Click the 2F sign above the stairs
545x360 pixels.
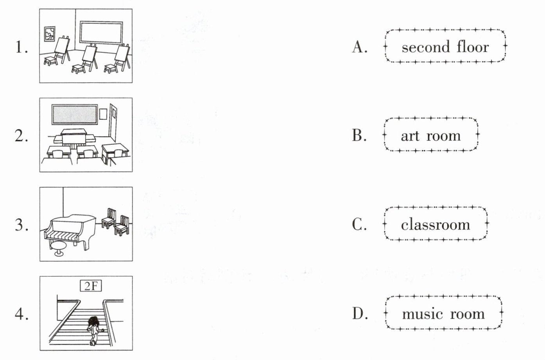[90, 286]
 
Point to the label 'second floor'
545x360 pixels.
[445, 47]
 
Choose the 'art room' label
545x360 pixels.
[430, 135]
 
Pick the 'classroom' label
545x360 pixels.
[435, 225]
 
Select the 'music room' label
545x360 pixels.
[443, 314]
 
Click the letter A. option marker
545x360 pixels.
[359, 47]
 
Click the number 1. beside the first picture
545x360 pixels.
[21, 47]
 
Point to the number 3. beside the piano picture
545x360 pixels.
[21, 225]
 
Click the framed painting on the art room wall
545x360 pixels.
[50, 34]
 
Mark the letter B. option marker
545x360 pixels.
[359, 135]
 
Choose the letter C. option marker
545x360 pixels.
[359, 225]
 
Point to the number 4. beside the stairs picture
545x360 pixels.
[21, 314]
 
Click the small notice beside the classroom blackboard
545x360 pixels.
[103, 113]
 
